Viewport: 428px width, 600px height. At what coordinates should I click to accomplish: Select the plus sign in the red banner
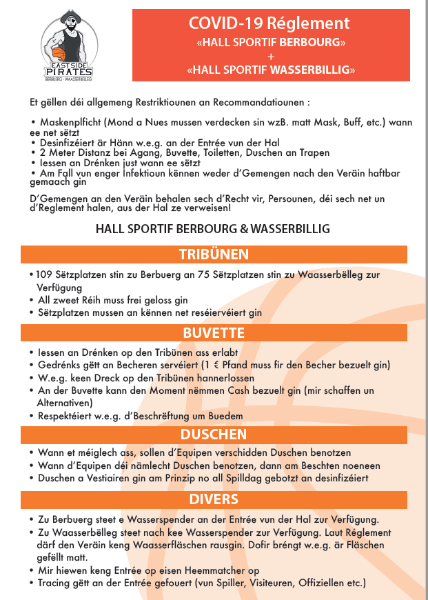tap(271, 56)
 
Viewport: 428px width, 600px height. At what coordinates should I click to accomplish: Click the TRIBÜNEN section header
tap(214, 254)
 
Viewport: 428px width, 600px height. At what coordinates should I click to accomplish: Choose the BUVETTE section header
tap(214, 333)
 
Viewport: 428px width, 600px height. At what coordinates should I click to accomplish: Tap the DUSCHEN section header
tap(214, 434)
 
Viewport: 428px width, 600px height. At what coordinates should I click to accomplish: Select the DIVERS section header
tap(214, 499)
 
